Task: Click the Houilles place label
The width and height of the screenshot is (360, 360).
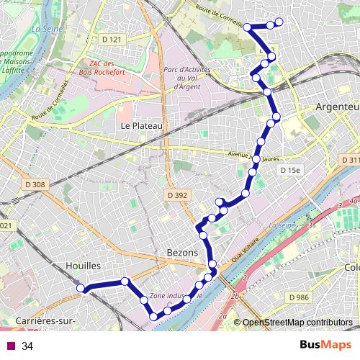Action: (82, 266)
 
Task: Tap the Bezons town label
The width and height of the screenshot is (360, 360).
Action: (182, 253)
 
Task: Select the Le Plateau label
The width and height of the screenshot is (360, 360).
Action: (143, 125)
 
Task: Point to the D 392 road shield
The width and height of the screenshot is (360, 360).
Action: (176, 194)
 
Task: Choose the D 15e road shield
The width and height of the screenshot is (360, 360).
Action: (289, 169)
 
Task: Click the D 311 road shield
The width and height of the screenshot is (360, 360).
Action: (350, 159)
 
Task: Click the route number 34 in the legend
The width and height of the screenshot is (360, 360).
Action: (27, 346)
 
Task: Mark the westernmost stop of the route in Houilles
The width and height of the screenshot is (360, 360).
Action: (81, 289)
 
